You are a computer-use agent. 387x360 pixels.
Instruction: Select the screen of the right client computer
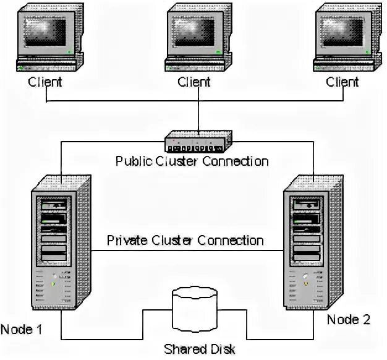pos(341,31)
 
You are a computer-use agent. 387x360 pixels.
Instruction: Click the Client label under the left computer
pos(45,82)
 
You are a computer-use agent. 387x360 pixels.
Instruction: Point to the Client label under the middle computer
pos(194,82)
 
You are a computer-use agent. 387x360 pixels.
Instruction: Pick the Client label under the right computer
pos(342,82)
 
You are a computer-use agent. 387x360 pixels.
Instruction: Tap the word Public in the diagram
pos(132,161)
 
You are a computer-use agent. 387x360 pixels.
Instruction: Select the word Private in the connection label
pos(125,240)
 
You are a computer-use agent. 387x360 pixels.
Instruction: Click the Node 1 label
pos(22,328)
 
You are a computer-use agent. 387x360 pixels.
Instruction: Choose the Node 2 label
pos(349,320)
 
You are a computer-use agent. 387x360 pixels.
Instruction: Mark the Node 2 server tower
pos(307,248)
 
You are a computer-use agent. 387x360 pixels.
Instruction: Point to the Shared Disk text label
pos(199,349)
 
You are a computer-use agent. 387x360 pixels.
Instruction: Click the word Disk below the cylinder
pos(221,349)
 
